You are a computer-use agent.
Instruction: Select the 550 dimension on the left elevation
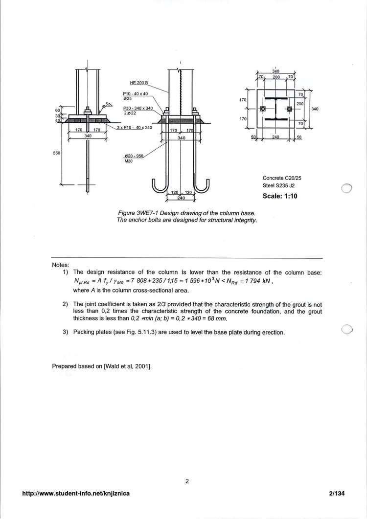point(57,153)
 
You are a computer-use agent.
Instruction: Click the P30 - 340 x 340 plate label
point(138,108)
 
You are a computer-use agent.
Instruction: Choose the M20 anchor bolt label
point(128,160)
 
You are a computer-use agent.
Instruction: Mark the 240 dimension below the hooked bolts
point(181,198)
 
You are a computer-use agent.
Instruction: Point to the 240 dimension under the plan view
point(275,137)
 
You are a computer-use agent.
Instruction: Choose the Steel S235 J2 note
point(279,186)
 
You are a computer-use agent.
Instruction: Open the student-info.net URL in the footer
point(76,494)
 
